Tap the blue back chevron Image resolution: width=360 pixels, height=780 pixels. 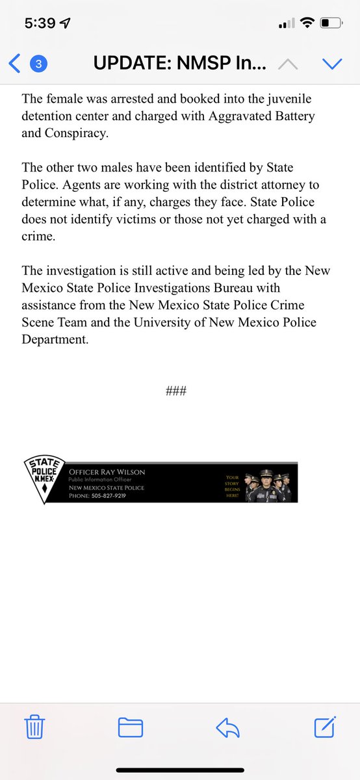point(15,64)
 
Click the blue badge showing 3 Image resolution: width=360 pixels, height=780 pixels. point(38,64)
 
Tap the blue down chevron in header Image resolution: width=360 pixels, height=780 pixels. point(332,64)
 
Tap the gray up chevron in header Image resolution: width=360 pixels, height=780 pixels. point(289,64)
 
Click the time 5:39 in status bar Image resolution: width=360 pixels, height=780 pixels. point(41,23)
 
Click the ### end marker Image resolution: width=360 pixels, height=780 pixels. point(177,391)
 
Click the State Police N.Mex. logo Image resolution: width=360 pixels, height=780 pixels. point(44,481)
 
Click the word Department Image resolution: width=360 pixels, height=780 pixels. point(55,339)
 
